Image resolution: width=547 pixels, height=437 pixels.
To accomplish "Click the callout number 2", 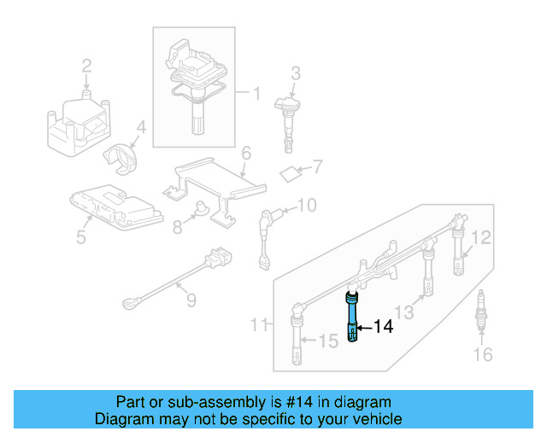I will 86,65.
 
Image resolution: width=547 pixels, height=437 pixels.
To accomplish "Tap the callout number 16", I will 483,354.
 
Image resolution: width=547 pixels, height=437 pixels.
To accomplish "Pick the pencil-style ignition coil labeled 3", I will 286,115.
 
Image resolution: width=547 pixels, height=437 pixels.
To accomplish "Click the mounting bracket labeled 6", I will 209,182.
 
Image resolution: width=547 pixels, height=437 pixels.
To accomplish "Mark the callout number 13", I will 403,312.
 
